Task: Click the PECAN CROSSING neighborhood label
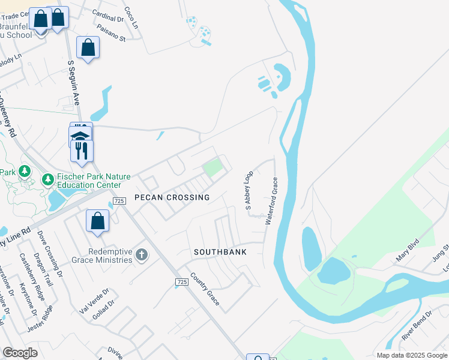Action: click(172, 197)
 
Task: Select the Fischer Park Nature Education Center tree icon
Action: click(47, 179)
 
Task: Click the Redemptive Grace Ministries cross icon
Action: click(142, 256)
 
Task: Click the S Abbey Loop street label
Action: click(247, 191)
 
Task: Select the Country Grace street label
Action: click(205, 289)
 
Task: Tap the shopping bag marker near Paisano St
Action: click(88, 47)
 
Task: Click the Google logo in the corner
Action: click(20, 353)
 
